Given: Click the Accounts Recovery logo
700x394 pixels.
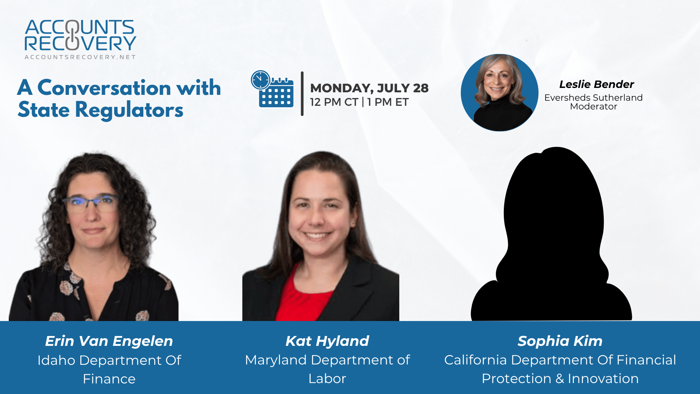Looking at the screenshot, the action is point(80,39).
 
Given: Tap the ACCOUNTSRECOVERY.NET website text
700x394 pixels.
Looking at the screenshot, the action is point(80,57).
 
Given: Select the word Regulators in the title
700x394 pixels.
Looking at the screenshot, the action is point(129,110).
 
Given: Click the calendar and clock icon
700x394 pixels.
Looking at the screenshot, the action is point(272,89).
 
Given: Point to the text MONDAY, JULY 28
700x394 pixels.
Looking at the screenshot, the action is point(369,88).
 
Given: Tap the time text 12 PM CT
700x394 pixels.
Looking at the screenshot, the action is point(334,102).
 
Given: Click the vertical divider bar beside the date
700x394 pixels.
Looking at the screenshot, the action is point(302,94).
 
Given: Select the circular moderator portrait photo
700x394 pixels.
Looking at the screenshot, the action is point(499,93).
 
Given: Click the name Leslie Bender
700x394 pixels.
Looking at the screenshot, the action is point(596,84).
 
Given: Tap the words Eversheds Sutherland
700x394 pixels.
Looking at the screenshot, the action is point(594,97).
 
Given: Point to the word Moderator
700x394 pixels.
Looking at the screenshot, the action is point(594,107).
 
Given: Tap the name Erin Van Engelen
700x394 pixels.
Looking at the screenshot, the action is point(109,341).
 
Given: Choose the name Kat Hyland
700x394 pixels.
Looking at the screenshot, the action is point(327,341).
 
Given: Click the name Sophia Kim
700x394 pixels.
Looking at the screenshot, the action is point(560,341).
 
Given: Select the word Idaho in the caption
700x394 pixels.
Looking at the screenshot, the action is point(57,360).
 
